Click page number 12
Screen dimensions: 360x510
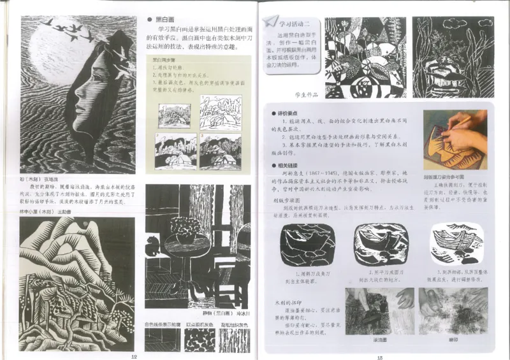tap(133, 356)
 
